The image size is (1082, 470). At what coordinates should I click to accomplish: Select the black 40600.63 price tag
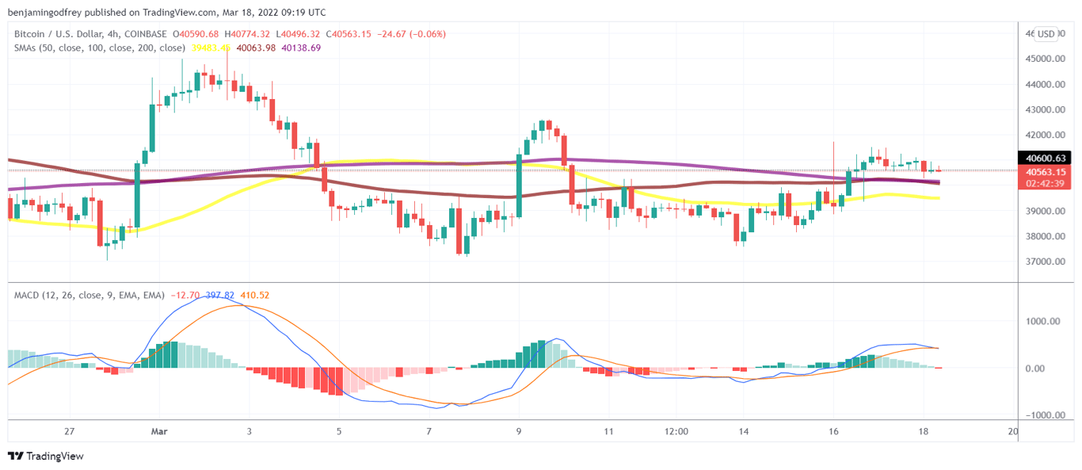[x=1046, y=158]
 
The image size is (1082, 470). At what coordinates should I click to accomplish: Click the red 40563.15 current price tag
[x=1046, y=172]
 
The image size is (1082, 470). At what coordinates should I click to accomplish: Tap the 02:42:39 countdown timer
[x=1046, y=184]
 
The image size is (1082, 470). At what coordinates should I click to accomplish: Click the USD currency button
[x=1046, y=34]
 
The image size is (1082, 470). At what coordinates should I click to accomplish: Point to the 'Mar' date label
[x=159, y=431]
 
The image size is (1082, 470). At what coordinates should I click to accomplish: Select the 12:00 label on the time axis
[x=676, y=431]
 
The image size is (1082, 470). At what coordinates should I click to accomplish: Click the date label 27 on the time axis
[x=70, y=431]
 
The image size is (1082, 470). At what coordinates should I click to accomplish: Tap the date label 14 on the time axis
[x=745, y=431]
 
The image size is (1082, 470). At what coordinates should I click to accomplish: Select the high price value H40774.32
[x=247, y=34]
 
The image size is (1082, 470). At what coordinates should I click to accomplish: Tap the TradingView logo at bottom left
[x=45, y=456]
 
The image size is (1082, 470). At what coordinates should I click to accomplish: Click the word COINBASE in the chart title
[x=146, y=34]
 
